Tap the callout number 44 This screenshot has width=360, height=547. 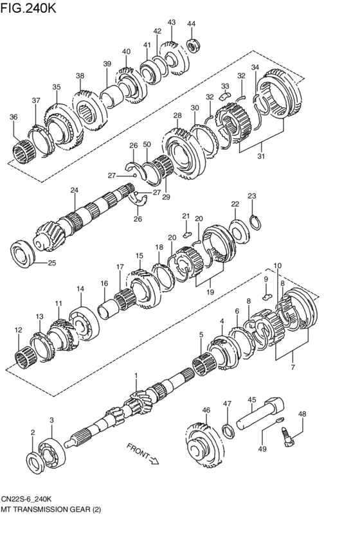coord(191,24)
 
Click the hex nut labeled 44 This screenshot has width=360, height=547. coord(192,45)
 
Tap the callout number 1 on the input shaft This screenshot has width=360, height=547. coord(136,375)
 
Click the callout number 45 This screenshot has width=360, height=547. coord(252,399)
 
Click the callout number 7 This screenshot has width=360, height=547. coord(292,367)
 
